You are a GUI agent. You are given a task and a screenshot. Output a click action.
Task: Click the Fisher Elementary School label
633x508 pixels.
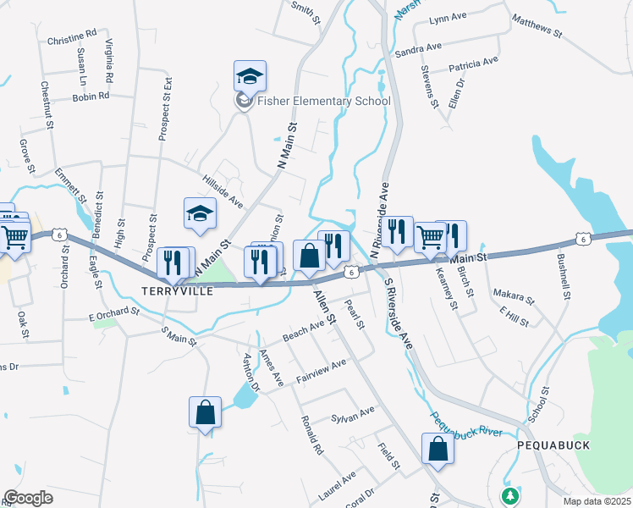tap(325, 102)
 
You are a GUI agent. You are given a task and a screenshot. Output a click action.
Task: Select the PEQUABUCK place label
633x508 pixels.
tap(553, 444)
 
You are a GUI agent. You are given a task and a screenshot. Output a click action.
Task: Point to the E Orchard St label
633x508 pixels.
tap(113, 313)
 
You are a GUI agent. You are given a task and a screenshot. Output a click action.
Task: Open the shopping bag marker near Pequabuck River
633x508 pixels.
tap(438, 449)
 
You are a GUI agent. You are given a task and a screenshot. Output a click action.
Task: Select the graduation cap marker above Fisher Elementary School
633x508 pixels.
tap(250, 76)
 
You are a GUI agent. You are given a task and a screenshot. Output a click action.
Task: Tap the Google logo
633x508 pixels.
tap(29, 498)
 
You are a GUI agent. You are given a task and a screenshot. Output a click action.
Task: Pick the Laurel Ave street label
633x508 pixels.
tap(337, 483)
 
